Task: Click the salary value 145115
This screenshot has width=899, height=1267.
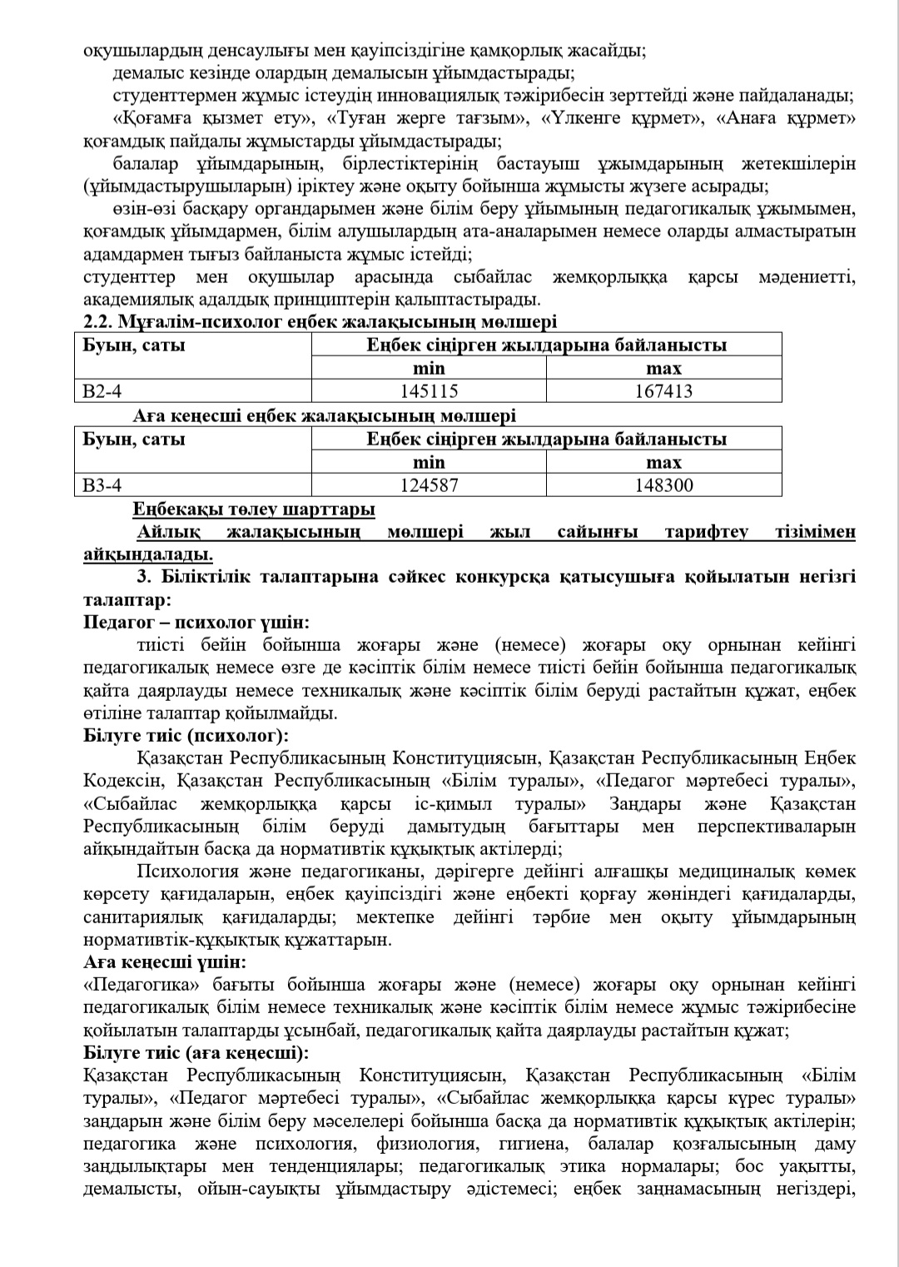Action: pyautogui.click(x=429, y=390)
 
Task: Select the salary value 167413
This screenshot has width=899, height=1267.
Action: pyautogui.click(x=663, y=390)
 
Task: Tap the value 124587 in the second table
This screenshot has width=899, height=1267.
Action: pyautogui.click(x=429, y=484)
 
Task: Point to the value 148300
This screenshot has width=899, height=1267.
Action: pyautogui.click(x=663, y=484)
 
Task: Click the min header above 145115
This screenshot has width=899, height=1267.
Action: pyautogui.click(x=429, y=368)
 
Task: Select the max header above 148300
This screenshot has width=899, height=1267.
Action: pyautogui.click(x=663, y=462)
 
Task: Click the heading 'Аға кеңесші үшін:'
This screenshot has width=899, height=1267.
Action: pyautogui.click(x=165, y=962)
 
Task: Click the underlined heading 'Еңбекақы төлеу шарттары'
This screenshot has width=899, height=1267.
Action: pyautogui.click(x=253, y=509)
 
